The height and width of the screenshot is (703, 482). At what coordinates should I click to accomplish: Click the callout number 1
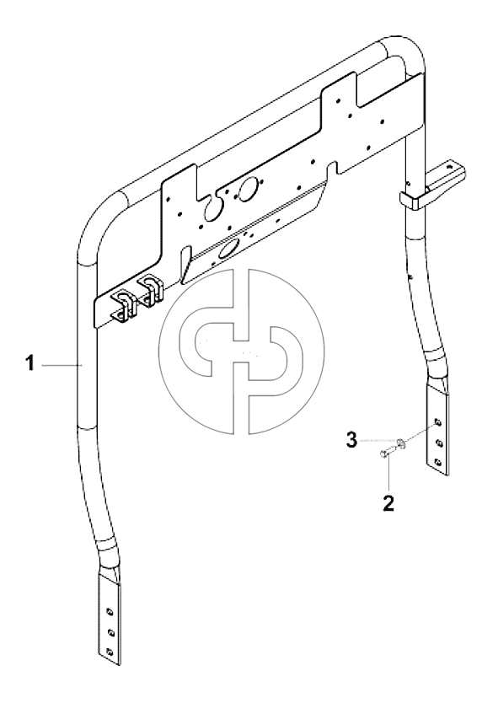(x=29, y=363)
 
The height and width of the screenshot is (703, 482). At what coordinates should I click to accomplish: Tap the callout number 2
(x=388, y=503)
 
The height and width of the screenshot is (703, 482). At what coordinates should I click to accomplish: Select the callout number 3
(x=351, y=440)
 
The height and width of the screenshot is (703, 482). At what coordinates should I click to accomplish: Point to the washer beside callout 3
(x=402, y=443)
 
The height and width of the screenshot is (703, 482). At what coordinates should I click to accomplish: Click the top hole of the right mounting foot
(x=438, y=424)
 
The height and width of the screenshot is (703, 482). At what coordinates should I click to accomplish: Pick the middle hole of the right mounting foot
(x=438, y=443)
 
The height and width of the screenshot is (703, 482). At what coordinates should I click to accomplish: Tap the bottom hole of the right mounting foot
(x=438, y=461)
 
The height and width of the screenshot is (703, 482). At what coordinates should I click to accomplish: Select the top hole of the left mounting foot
(x=109, y=611)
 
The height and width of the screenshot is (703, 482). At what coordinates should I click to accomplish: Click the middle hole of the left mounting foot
(x=109, y=632)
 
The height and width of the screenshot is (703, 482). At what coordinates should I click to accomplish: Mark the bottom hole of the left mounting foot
(x=109, y=651)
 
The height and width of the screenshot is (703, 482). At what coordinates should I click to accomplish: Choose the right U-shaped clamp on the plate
(x=150, y=290)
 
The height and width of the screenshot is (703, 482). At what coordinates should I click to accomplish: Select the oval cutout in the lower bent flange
(x=228, y=248)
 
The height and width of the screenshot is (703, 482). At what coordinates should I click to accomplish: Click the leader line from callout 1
(x=62, y=365)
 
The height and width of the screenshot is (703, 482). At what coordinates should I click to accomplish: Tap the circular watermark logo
(x=241, y=352)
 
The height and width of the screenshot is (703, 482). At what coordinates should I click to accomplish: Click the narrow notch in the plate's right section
(x=332, y=169)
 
